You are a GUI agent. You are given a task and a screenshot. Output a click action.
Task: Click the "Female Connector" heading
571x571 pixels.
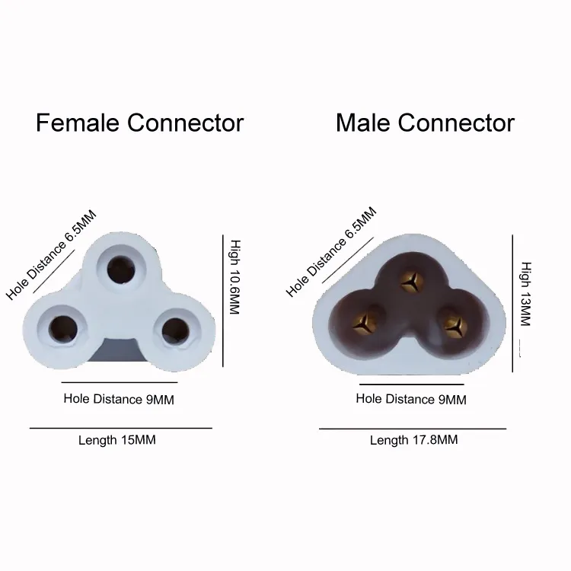click(x=140, y=123)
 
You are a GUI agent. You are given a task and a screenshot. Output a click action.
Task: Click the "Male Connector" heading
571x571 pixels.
click(x=425, y=123)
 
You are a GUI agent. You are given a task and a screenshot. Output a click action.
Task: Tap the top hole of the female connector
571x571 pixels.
click(x=121, y=270)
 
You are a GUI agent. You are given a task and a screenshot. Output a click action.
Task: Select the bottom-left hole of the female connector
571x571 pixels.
click(x=63, y=329)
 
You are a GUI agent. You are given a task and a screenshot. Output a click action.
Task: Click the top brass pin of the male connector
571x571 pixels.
click(x=412, y=282)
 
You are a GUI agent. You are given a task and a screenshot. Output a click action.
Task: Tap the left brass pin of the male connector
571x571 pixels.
click(x=364, y=322)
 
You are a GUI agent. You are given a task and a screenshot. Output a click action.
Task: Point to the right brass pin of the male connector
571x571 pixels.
click(x=455, y=324)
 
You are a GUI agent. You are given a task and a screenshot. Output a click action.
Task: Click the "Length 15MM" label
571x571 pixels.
click(x=117, y=440)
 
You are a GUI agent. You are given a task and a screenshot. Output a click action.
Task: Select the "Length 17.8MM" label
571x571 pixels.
click(x=413, y=440)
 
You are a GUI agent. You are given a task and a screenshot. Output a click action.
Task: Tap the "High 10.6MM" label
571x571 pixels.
click(x=234, y=277)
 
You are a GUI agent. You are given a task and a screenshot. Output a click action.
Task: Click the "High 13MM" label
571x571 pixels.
click(x=525, y=294)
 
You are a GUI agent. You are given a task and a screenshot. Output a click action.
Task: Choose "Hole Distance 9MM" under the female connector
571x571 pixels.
click(x=119, y=399)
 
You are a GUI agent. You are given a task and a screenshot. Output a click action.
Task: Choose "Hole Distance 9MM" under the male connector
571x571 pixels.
click(x=411, y=399)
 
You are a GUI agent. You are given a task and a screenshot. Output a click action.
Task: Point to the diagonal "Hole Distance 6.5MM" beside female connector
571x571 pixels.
click(x=51, y=255)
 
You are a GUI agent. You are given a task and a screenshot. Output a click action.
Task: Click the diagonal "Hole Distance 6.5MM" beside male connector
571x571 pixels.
click(x=331, y=252)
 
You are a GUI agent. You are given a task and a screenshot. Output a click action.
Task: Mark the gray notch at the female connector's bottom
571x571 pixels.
click(x=117, y=350)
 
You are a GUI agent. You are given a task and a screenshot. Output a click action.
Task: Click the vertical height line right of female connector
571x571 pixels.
click(x=223, y=301)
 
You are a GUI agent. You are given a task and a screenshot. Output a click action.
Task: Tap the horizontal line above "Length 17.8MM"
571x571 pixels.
click(x=413, y=429)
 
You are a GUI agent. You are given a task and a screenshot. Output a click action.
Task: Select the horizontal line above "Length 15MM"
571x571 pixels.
click(x=121, y=428)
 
